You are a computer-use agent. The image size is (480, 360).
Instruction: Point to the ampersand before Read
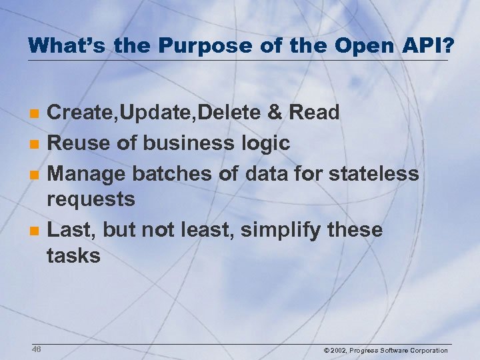tap(275, 113)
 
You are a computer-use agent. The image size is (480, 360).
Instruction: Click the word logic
tap(267, 143)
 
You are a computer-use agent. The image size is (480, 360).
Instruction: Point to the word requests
tap(91, 199)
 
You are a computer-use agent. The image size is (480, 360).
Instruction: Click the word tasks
tap(73, 255)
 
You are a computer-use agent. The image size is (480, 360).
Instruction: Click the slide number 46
tap(36, 349)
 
